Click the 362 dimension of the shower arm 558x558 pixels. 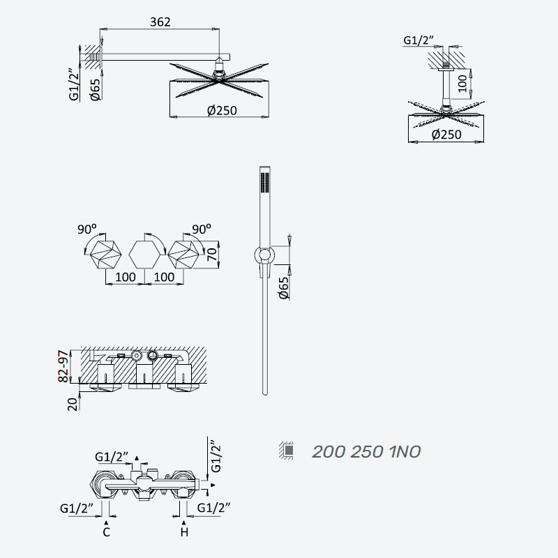[x=160, y=22]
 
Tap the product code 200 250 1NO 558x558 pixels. [x=366, y=451]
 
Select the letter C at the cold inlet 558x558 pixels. [x=106, y=532]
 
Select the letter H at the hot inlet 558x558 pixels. [x=184, y=532]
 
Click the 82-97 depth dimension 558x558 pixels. [x=63, y=366]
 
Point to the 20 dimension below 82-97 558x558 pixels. [x=73, y=404]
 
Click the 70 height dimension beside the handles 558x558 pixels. [x=212, y=254]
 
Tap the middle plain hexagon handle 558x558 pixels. [x=144, y=255]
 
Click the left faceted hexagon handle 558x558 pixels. [x=106, y=255]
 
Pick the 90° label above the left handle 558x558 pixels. [x=86, y=229]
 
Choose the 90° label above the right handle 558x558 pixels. [x=202, y=229]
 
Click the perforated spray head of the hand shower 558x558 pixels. [x=265, y=183]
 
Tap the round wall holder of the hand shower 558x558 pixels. [x=264, y=255]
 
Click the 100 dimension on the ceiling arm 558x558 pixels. [x=462, y=83]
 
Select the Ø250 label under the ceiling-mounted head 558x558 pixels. [x=446, y=135]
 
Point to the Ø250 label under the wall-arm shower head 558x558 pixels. [x=222, y=110]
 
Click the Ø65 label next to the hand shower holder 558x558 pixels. [x=284, y=288]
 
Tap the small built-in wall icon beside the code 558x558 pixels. [x=287, y=451]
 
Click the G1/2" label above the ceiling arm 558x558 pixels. [x=418, y=40]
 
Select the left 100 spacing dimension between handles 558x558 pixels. [x=126, y=277]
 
